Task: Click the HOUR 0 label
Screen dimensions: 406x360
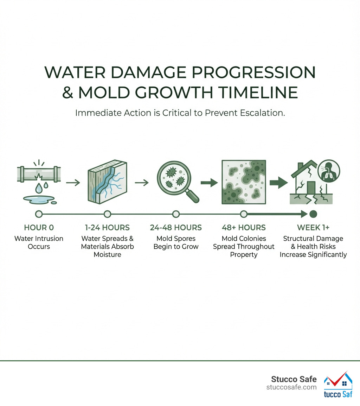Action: [x=39, y=228]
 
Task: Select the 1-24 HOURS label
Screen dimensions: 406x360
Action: [x=107, y=228]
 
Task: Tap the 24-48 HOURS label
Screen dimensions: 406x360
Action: [x=176, y=228]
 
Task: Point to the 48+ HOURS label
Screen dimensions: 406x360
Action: [x=244, y=228]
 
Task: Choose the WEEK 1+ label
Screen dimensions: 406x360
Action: [x=313, y=228]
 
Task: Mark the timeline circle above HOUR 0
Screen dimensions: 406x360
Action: [x=39, y=214]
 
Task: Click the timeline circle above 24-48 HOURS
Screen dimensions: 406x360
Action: [x=176, y=214]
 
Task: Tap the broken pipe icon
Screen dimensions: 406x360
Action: [x=39, y=175]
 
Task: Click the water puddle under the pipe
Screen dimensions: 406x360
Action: [x=41, y=199]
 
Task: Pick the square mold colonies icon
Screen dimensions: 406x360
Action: [x=244, y=182]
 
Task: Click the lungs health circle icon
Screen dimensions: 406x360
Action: [x=328, y=171]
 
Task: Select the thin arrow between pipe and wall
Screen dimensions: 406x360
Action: [x=73, y=183]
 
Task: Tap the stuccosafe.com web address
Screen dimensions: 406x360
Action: [x=291, y=387]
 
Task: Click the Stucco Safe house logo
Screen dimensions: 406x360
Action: [x=338, y=385]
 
